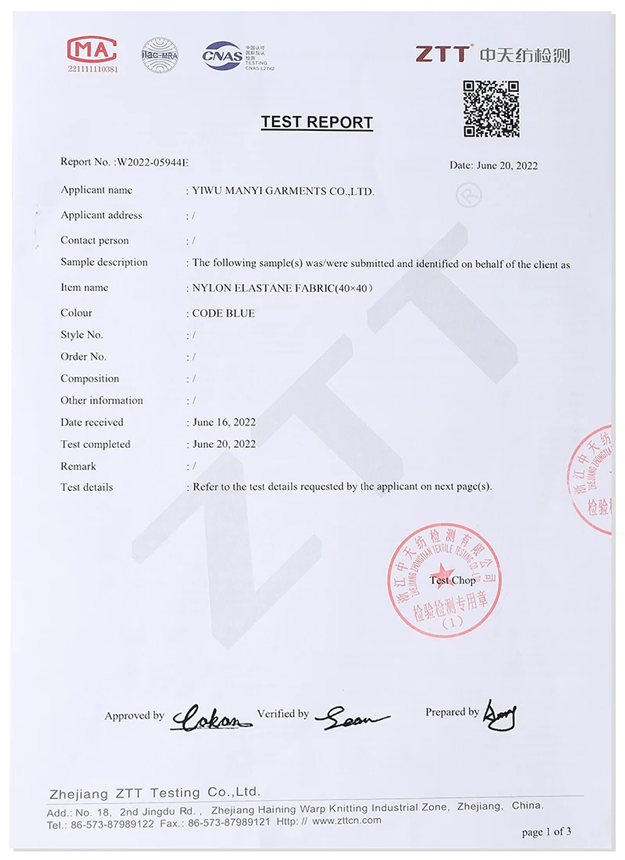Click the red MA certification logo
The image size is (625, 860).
pos(92,49)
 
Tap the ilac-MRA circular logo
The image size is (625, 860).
pos(160,55)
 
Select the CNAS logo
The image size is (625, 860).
pos(223,56)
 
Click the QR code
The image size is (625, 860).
pos(491,109)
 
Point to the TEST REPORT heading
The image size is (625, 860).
pos(316,122)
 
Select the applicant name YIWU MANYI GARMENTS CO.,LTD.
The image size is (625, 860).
pos(283,191)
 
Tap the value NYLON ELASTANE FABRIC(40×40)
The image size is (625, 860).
pos(282,288)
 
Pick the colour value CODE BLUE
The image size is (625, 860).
pos(223,313)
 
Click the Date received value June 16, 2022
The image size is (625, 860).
pos(224,422)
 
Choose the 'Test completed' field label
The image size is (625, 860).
pos(95,444)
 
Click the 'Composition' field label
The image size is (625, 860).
pos(90,378)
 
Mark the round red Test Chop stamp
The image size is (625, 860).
pos(445,580)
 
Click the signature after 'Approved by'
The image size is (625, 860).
pos(210,717)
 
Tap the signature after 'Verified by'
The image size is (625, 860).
pos(352,717)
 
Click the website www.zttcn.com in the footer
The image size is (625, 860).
pos(346,820)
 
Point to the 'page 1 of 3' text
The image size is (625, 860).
pos(546,831)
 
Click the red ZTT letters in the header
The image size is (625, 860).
pos(443,54)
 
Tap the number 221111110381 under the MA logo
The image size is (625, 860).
pos(92,69)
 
